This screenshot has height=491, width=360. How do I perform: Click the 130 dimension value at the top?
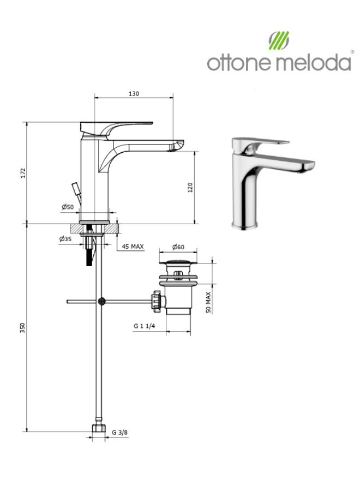click(x=134, y=94)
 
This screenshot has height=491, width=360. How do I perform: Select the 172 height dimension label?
click(x=23, y=173)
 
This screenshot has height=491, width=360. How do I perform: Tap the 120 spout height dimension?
click(x=190, y=187)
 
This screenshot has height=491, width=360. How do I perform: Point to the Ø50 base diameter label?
click(x=68, y=207)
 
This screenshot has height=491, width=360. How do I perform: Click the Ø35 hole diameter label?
click(x=65, y=239)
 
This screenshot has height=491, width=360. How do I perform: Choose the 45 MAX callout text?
click(x=133, y=247)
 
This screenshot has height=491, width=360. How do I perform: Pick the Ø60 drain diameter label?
click(x=178, y=247)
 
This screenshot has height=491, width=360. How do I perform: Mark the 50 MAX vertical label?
click(x=208, y=302)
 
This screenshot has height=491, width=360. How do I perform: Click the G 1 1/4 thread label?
click(x=145, y=326)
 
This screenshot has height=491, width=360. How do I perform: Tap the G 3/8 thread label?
click(x=119, y=433)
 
